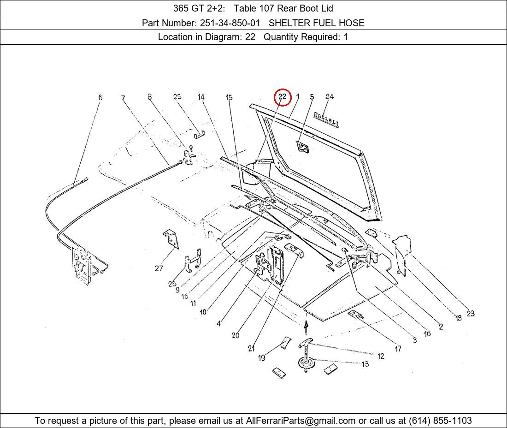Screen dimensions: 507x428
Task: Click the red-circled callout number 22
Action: (x=282, y=96)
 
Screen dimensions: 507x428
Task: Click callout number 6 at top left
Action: (x=100, y=97)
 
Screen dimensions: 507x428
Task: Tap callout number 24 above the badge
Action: (x=330, y=96)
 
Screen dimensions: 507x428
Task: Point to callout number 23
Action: (x=471, y=313)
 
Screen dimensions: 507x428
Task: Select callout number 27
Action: (x=159, y=268)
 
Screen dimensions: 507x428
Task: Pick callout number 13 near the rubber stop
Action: (x=365, y=364)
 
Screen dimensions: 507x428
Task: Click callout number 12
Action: (x=381, y=356)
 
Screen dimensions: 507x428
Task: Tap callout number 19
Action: (x=262, y=358)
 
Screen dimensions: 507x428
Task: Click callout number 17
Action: (x=398, y=348)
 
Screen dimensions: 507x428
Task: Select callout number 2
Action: (x=441, y=327)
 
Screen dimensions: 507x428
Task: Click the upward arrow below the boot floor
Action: (x=306, y=327)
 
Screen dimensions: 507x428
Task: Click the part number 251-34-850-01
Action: (x=230, y=23)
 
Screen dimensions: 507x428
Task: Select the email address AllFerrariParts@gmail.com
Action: (x=301, y=421)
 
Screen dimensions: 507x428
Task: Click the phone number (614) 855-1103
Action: (x=440, y=421)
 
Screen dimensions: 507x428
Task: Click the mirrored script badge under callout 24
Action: (x=327, y=120)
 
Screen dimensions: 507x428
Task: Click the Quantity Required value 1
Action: (x=346, y=37)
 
